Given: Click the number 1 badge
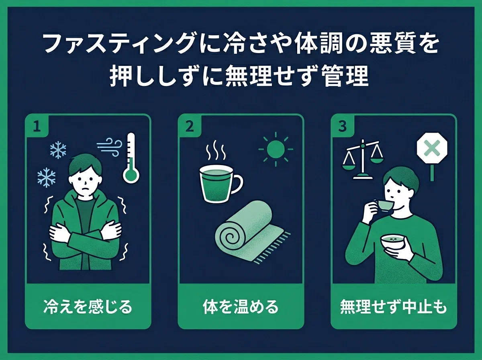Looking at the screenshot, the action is (x=37, y=126).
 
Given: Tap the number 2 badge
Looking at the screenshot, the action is (x=190, y=126).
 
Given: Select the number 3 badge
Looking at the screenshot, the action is (x=342, y=126).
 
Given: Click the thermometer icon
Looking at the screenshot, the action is (x=131, y=158).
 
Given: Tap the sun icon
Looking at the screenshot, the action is (x=276, y=149).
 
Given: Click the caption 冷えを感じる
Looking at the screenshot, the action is (x=88, y=307).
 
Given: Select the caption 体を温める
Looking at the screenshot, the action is (x=241, y=307).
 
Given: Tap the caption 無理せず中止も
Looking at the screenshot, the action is (x=393, y=307).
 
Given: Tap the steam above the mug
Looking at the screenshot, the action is (x=216, y=150).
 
